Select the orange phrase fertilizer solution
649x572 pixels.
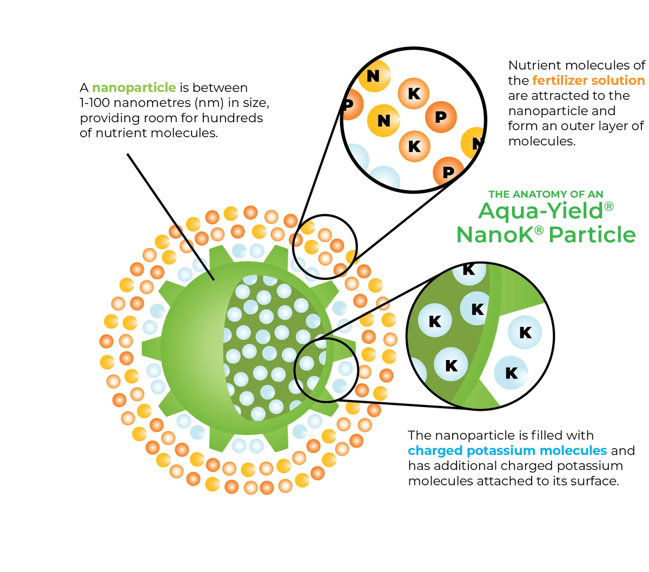pos(588,81)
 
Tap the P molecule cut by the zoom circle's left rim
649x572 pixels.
pos(350,103)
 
